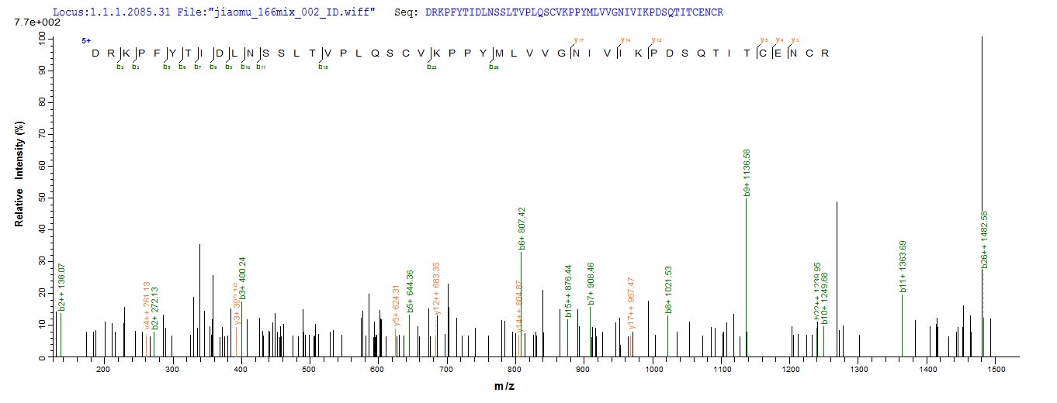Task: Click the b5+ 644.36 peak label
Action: click(410, 291)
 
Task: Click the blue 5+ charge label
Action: click(86, 40)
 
